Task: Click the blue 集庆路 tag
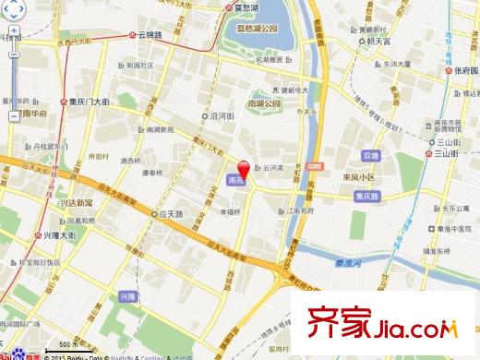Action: (x=367, y=196)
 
